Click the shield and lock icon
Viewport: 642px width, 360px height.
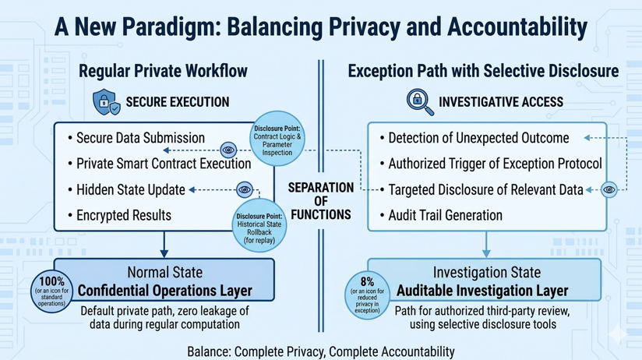pos(106,102)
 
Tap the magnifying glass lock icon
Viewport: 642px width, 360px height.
pos(420,101)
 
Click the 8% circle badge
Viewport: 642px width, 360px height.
pos(367,293)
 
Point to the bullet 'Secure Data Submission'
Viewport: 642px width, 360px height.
pos(140,138)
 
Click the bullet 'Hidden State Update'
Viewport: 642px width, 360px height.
pos(130,189)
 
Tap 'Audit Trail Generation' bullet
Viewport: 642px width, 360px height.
pos(445,214)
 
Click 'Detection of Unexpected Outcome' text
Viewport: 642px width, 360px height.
pos(478,138)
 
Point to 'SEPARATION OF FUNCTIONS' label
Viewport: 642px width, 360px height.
pos(321,201)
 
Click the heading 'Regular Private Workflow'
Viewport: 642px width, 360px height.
pos(163,72)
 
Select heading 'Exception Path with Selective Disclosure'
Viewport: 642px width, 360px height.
pos(483,72)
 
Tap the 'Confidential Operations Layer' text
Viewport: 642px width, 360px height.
pos(164,291)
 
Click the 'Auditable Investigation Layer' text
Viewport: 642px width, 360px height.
pos(482,291)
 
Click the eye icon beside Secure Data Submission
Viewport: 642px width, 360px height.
pos(228,150)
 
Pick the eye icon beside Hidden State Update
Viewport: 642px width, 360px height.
pos(245,189)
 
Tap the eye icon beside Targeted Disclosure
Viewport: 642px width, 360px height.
pos(609,189)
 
